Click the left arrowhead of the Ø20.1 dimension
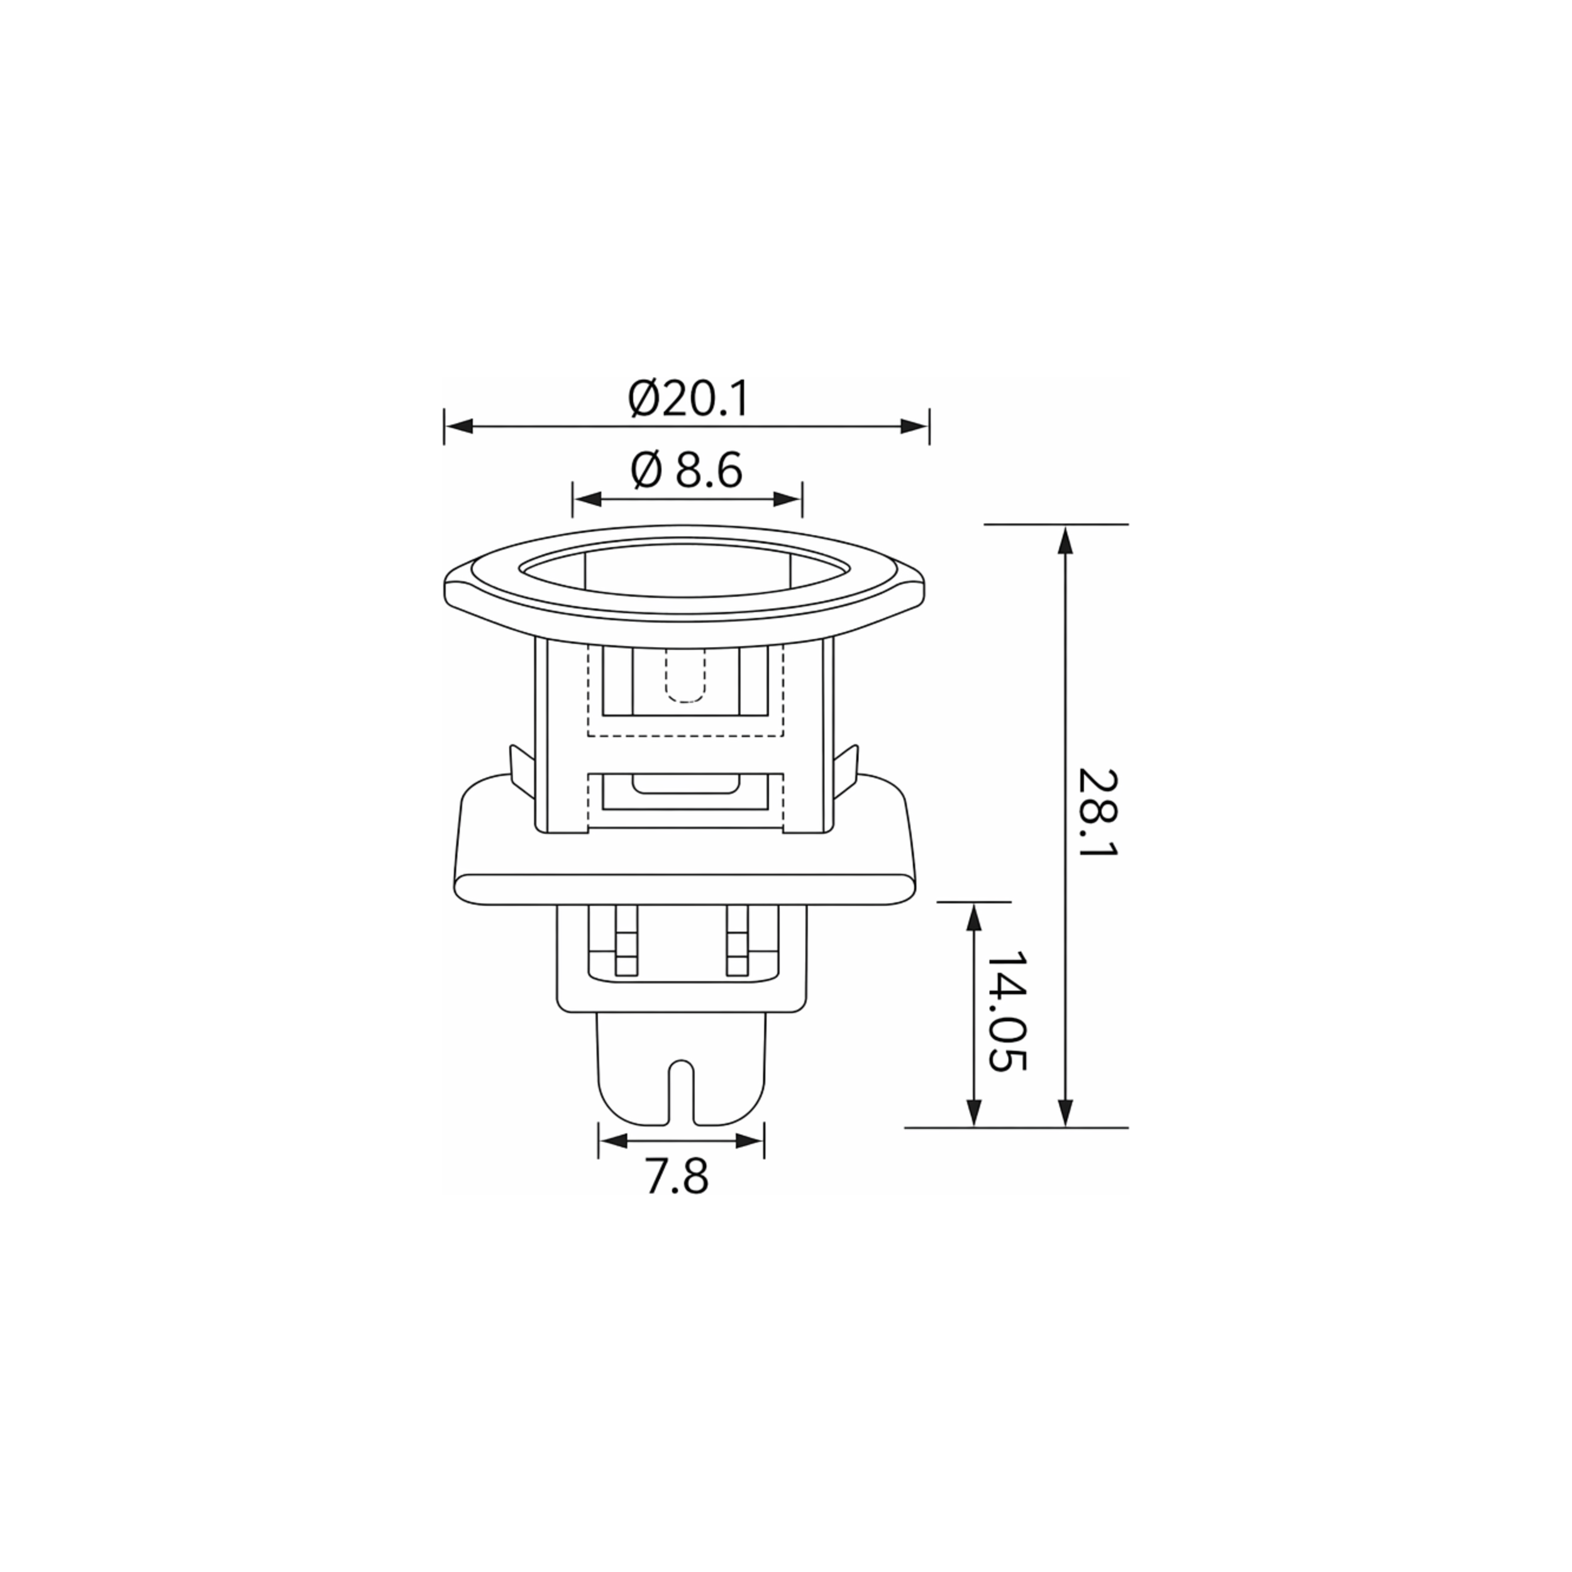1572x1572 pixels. [460, 426]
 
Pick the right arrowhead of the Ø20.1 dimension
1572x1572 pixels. [914, 426]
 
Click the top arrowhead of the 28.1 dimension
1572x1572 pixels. [1066, 540]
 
